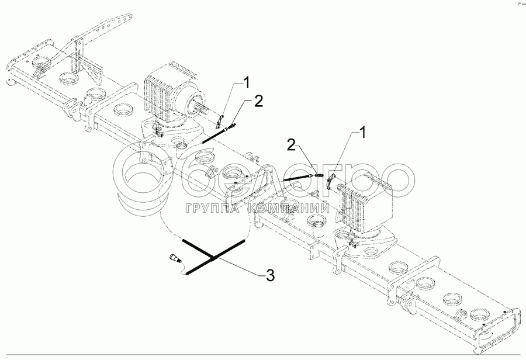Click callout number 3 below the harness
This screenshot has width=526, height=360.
(x=270, y=274)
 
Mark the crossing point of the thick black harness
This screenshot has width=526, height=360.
(x=212, y=257)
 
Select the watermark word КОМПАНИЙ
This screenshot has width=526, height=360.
(x=289, y=209)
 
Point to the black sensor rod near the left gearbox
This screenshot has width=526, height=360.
(x=216, y=136)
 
